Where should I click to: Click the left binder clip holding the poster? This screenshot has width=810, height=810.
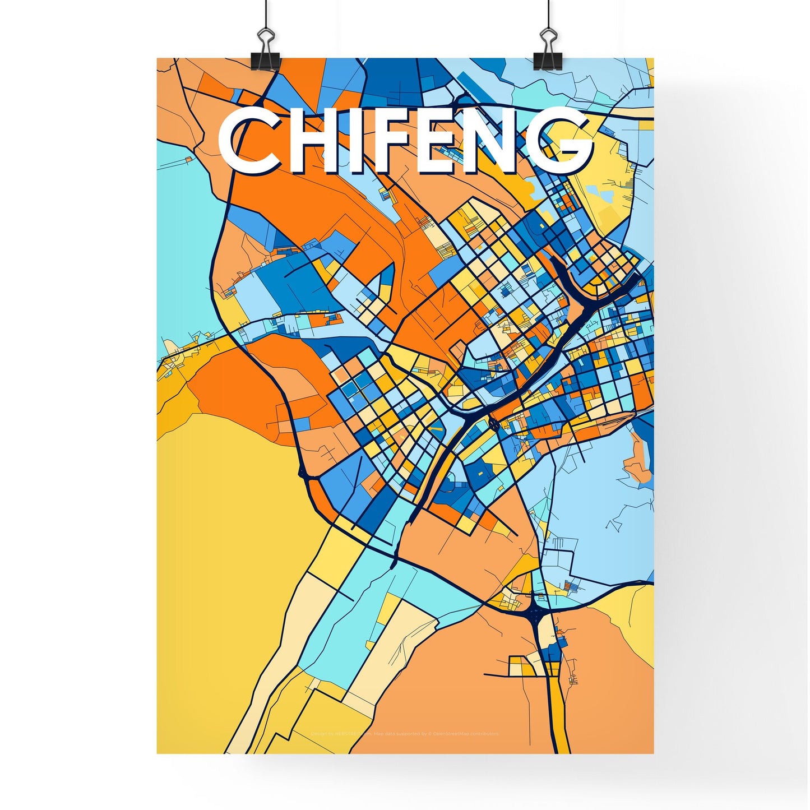tap(265, 53)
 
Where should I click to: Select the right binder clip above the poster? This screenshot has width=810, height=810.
tap(547, 53)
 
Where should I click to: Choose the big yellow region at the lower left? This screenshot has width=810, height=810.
tap(224, 561)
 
